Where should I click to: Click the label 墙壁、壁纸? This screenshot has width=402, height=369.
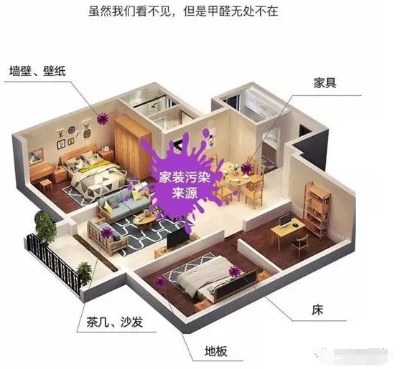(x=37, y=71)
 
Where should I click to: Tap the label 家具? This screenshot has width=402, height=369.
(x=324, y=83)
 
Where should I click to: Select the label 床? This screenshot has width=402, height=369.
(x=317, y=310)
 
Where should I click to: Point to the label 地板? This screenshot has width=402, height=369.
(x=216, y=351)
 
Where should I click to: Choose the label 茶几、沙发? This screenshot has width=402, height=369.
(x=115, y=322)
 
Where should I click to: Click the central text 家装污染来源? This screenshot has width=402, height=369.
(x=184, y=185)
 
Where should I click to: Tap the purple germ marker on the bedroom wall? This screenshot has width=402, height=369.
(x=102, y=119)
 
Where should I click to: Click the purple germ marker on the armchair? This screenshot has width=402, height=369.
(x=106, y=233)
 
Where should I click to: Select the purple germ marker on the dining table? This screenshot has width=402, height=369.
(x=247, y=168)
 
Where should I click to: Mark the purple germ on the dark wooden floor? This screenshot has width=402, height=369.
(x=160, y=282)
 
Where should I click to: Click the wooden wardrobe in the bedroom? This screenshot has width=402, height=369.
(x=132, y=147)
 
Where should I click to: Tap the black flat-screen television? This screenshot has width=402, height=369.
(x=179, y=237)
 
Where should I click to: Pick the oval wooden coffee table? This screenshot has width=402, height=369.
(x=145, y=222)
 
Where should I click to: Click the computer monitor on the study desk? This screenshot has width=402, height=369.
(x=284, y=221)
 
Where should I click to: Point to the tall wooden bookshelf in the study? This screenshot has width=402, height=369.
(x=317, y=210)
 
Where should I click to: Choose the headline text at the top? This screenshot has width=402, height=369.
(x=183, y=11)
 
